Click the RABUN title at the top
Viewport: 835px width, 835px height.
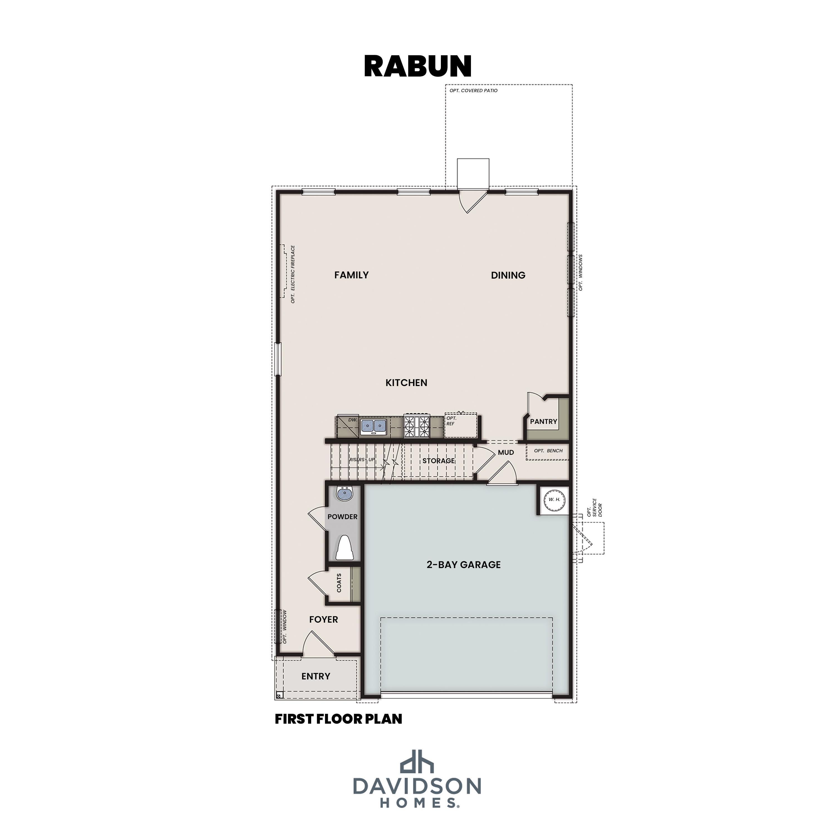coord(417,66)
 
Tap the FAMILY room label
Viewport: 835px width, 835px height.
coord(351,275)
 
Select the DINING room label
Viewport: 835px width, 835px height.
coord(508,275)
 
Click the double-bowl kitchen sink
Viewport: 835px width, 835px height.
coord(374,426)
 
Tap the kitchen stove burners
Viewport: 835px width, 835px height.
coord(417,426)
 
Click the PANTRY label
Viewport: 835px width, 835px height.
coord(543,421)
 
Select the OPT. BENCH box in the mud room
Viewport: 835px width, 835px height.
coord(547,451)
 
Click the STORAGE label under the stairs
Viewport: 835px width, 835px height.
coord(438,461)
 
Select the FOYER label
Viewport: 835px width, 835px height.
coord(323,619)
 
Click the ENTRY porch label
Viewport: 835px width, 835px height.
coord(316,676)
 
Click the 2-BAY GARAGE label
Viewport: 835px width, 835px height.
coord(463,564)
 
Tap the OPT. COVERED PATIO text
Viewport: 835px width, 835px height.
coord(473,91)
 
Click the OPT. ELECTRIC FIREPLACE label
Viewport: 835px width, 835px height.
coord(293,274)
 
